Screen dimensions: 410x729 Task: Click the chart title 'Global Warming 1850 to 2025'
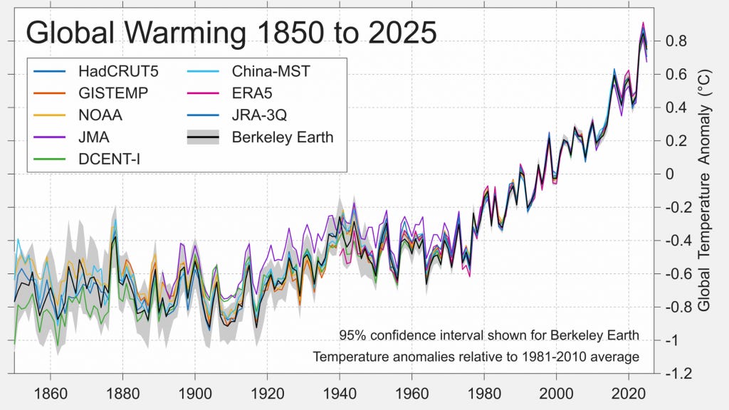231,33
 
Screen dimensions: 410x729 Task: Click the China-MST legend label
271,71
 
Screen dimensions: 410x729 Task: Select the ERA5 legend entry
251,93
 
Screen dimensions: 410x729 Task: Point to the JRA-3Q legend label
261,114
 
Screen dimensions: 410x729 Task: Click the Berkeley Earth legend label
282,137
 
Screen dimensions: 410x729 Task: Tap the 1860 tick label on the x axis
50,392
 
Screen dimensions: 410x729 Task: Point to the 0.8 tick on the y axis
677,41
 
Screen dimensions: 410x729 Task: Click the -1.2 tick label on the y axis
678,374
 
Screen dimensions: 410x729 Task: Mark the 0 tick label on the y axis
669,174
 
